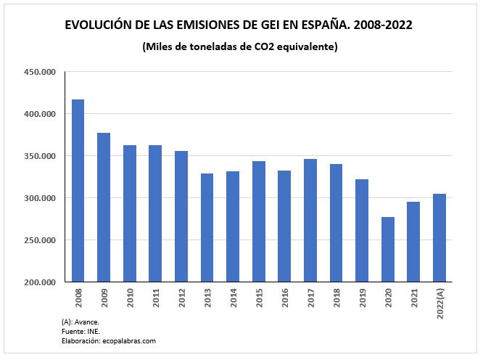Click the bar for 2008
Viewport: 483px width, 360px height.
coord(78,190)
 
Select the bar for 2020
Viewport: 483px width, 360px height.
coord(387,249)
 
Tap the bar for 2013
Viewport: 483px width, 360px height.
coord(207,227)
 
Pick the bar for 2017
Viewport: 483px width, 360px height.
coord(310,220)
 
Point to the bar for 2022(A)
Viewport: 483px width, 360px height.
coord(439,237)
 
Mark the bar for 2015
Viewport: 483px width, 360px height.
coord(259,221)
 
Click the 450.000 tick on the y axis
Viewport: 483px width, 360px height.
coord(39,72)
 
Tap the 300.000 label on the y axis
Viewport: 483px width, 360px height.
coord(39,198)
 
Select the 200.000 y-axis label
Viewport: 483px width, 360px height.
coord(39,282)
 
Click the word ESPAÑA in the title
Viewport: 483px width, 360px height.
coord(316,25)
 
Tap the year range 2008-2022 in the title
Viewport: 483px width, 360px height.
coord(381,25)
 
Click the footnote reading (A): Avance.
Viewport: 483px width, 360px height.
coord(80,322)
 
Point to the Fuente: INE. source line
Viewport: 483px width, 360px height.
coord(80,331)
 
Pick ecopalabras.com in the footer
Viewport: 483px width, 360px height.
coord(128,340)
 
